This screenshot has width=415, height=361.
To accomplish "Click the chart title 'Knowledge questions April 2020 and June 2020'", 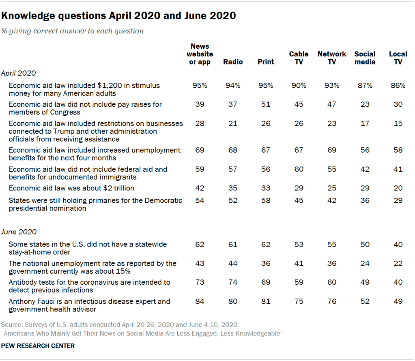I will tap(118, 16).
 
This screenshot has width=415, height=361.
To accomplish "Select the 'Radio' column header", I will tap(233, 62).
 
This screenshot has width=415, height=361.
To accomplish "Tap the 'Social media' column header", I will tap(365, 58).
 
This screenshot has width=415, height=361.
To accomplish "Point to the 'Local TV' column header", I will tap(398, 58).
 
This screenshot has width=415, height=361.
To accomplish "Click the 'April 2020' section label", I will tap(18, 73).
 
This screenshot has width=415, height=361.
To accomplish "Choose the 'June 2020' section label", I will tap(19, 232).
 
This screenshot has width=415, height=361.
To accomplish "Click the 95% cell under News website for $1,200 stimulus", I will tap(200, 86).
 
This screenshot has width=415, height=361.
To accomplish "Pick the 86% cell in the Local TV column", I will tap(398, 86).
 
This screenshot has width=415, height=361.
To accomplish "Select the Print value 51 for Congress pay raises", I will tap(266, 104).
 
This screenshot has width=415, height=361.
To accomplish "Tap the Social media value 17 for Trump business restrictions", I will tap(365, 123).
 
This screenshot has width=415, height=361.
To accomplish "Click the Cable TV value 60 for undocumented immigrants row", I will tap(299, 169).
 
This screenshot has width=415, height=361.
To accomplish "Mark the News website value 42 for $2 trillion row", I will tap(200, 188).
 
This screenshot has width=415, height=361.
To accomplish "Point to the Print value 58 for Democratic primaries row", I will tap(266, 201).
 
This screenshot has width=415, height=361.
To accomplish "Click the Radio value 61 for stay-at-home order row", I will tap(233, 244).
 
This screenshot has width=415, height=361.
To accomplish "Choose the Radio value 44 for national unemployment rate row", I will tap(233, 264).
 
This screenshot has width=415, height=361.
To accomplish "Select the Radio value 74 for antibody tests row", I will tap(233, 282).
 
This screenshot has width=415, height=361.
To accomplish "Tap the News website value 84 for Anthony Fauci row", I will tap(200, 302).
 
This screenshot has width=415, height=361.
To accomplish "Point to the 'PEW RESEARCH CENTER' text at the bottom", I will tap(38, 346).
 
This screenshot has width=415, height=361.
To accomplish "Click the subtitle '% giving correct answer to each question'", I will tap(72, 31).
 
